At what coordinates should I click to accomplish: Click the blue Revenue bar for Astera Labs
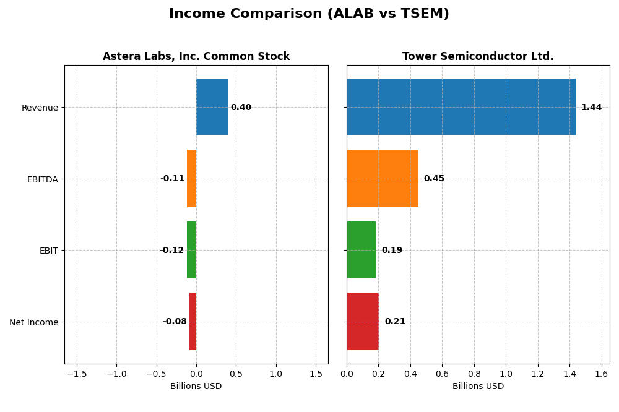pos(212,107)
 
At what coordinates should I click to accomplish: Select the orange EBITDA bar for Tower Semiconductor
pos(383,178)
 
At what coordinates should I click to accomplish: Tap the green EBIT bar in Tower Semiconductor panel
pos(361,250)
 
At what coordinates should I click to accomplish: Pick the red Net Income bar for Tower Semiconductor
pos(363,321)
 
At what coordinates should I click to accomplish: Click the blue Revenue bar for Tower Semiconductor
pos(461,107)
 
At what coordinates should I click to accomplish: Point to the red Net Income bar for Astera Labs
pos(193,321)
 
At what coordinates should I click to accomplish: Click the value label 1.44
pos(591,108)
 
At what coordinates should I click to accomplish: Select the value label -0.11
pos(172,179)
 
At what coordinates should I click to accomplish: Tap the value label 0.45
pos(434,179)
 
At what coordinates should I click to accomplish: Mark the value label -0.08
pos(175,322)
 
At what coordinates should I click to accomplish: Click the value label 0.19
pos(392,251)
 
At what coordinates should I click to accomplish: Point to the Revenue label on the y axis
pos(40,108)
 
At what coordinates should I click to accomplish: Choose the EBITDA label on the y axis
pos(42,179)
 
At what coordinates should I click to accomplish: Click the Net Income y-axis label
pos(33,322)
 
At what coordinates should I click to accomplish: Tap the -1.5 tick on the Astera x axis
pos(77,374)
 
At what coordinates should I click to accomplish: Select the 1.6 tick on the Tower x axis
pos(602,374)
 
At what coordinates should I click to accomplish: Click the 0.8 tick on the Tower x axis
pos(474,374)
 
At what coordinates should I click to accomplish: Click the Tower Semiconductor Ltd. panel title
pos(478,57)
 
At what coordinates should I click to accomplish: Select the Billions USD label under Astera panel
pos(196,387)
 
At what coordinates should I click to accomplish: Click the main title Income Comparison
pos(309,14)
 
